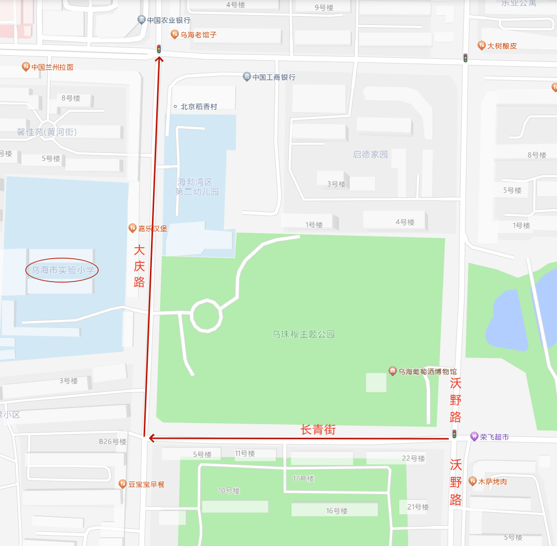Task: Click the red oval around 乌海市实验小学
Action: (x=62, y=270)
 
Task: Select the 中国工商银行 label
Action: (x=274, y=77)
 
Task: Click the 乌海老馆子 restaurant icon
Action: (x=174, y=34)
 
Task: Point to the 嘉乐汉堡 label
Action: (x=153, y=228)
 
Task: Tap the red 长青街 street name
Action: (x=318, y=430)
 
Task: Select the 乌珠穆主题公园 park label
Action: (x=303, y=334)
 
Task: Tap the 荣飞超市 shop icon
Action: (x=474, y=437)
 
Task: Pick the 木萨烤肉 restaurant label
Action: (x=492, y=481)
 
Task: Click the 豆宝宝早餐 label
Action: (x=146, y=484)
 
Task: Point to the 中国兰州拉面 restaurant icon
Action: (x=26, y=67)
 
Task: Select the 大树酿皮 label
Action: (x=502, y=46)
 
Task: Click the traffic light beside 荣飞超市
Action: (x=454, y=434)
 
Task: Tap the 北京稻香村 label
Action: (x=198, y=107)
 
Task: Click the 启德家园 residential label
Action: (x=370, y=155)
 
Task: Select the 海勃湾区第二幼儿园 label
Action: (x=197, y=187)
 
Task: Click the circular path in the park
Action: (x=207, y=315)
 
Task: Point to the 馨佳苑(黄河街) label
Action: (x=47, y=132)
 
